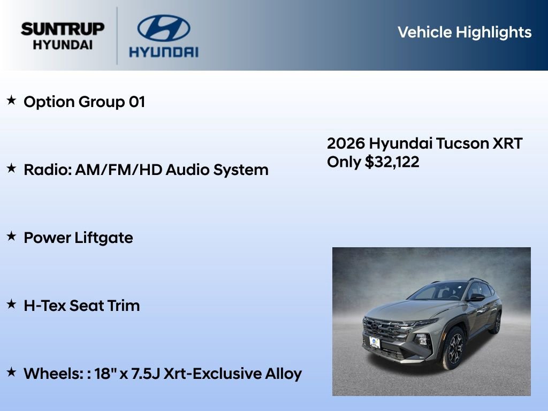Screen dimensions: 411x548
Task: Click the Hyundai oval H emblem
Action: point(163,28)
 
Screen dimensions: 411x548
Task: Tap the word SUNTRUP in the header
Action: point(63,29)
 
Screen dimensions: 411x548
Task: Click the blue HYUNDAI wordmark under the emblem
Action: point(163,52)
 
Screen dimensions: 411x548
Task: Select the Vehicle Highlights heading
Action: point(465,32)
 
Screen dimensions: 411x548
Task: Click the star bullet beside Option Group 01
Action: point(11,100)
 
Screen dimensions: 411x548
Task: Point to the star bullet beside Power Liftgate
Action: point(11,236)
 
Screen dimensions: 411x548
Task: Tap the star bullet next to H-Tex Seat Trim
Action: point(11,304)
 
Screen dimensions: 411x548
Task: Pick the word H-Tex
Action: point(45,306)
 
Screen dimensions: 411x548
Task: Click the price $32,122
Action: point(392,162)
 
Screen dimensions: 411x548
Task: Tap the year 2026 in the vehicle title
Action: point(346,143)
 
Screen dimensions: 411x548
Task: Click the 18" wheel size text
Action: point(105,373)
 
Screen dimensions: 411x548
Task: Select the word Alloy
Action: point(284,374)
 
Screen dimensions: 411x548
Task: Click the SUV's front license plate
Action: point(375,342)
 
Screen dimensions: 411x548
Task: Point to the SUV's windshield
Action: point(437,292)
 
